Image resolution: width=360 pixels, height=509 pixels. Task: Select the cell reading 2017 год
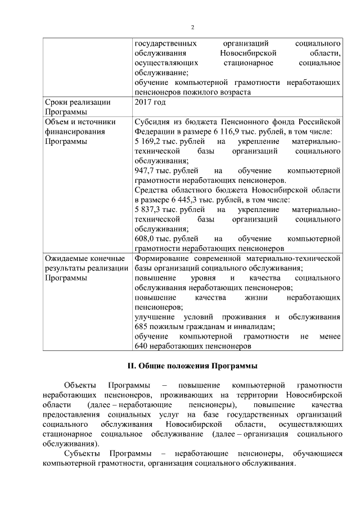pos(150,102)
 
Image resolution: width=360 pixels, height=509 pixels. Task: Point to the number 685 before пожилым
pos(142,326)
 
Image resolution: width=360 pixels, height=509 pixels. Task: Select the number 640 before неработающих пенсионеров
pos(142,346)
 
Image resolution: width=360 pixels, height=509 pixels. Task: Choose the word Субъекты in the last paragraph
pos(82,454)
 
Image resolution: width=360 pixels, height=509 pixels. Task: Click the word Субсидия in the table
pos(152,122)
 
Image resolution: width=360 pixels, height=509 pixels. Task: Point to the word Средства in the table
pos(152,190)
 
